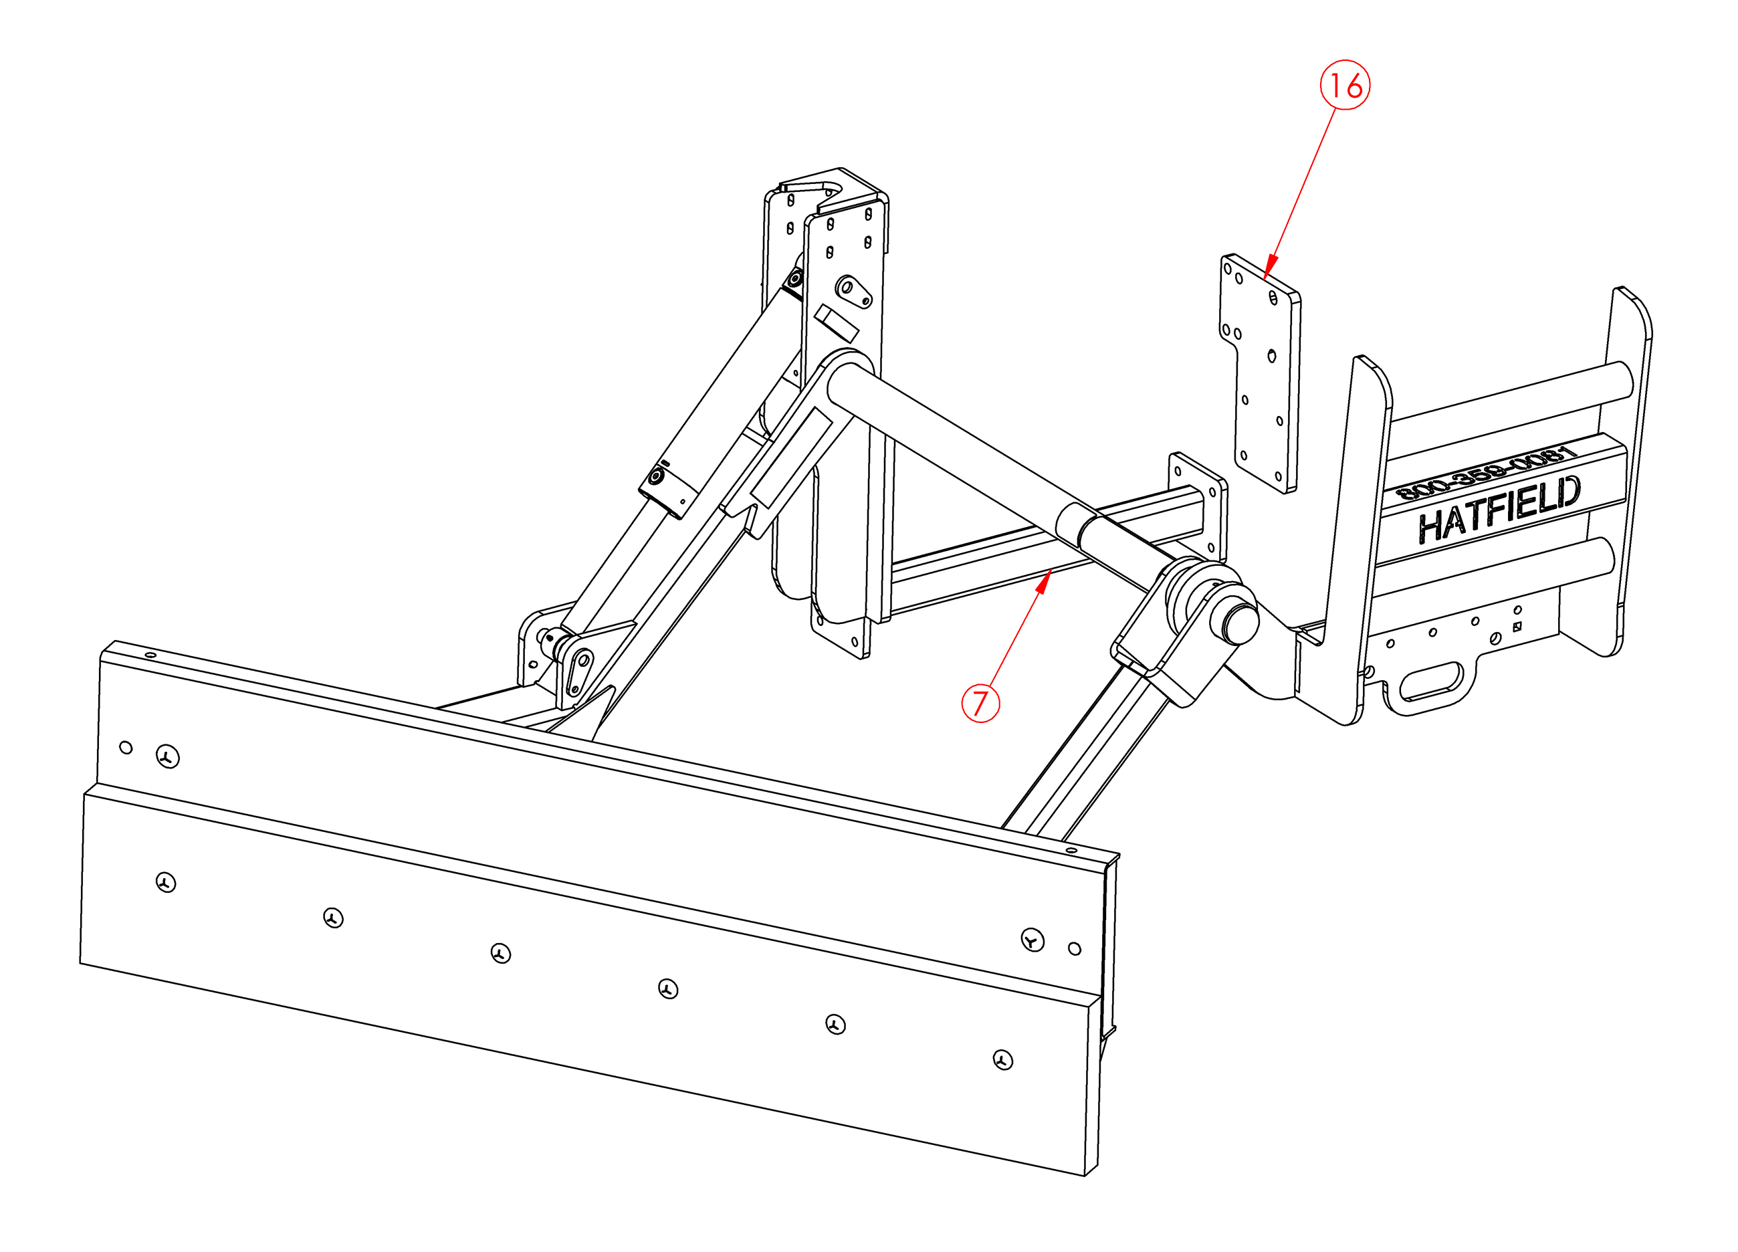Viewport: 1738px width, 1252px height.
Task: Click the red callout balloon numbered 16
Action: [1344, 85]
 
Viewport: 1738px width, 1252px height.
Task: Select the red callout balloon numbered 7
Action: [980, 703]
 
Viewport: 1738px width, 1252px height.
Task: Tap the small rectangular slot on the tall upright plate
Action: [835, 323]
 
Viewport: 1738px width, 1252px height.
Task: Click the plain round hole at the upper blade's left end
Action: [126, 747]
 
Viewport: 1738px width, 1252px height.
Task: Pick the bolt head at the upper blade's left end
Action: [168, 757]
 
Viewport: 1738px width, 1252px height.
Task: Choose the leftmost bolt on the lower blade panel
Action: [166, 883]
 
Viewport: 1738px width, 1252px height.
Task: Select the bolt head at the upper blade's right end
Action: [1033, 940]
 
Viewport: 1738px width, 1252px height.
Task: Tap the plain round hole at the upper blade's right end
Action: [1075, 948]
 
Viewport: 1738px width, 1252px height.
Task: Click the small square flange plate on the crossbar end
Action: [1197, 506]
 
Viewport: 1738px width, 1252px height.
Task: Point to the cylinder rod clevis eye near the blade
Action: [580, 671]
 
